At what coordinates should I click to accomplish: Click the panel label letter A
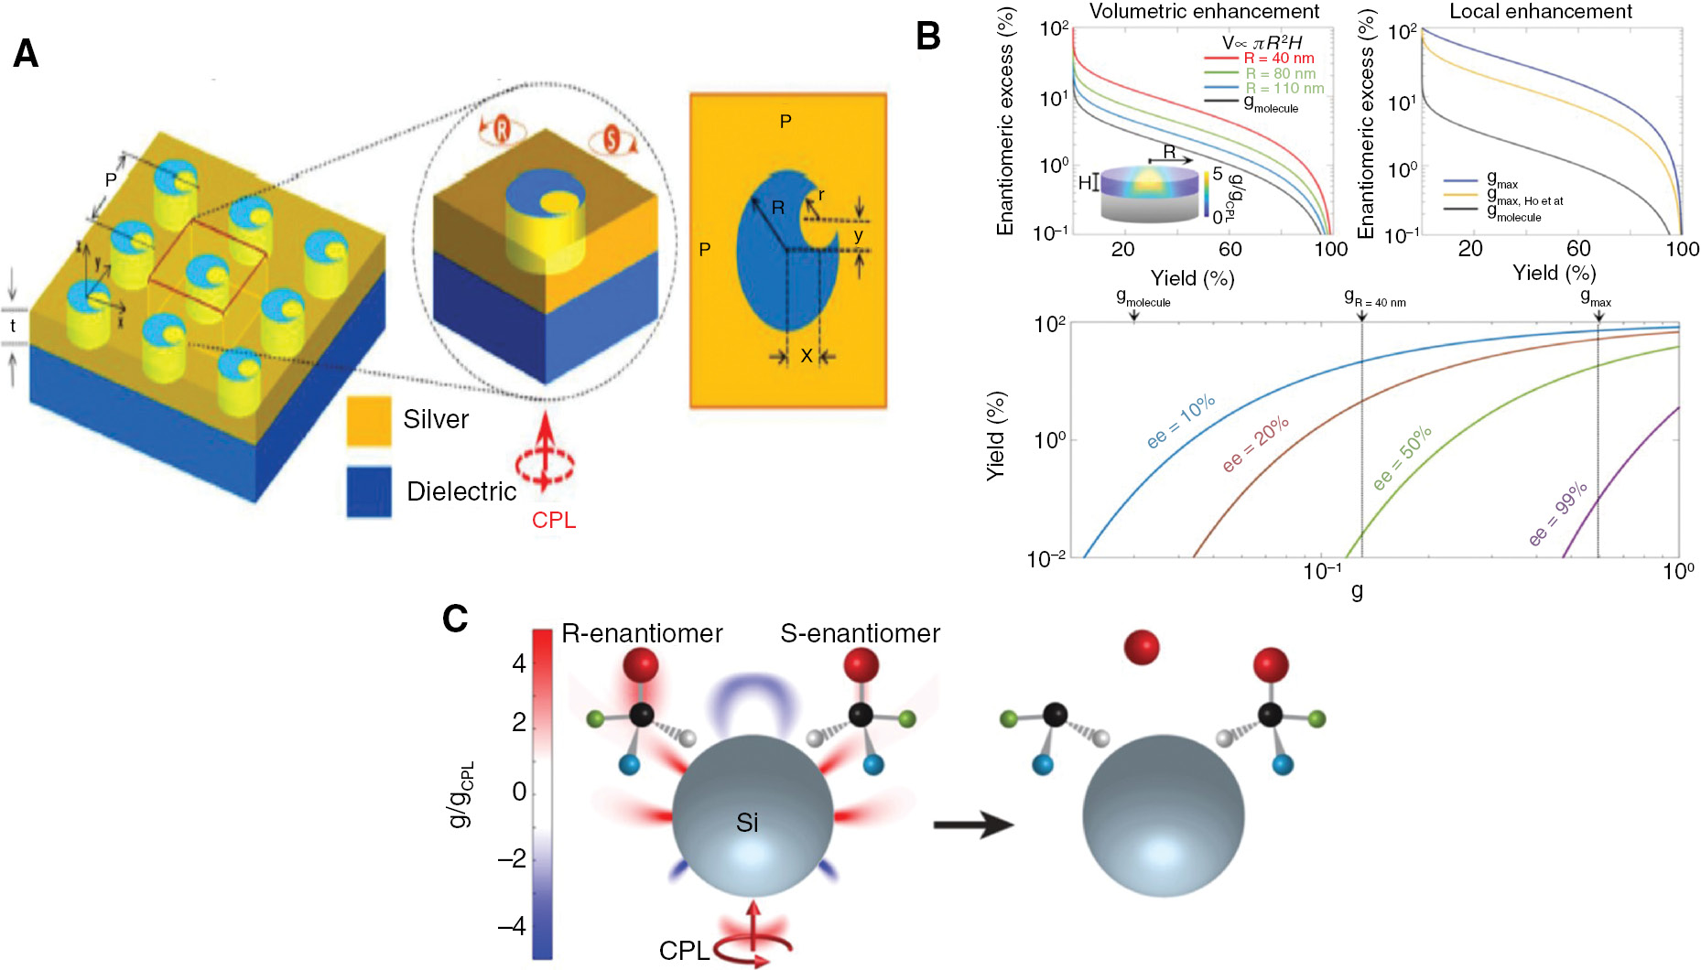click(x=26, y=54)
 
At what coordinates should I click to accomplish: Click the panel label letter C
click(x=455, y=620)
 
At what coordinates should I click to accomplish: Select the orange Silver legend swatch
click(x=369, y=420)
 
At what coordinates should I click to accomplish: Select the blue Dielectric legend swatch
click(x=369, y=491)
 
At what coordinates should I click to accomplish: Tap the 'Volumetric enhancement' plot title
click(x=1204, y=12)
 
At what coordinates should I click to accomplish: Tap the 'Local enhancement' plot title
click(x=1541, y=12)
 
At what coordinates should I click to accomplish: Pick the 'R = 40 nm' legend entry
click(x=1278, y=59)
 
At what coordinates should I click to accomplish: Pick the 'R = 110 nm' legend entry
click(x=1284, y=89)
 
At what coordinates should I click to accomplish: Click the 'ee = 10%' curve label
click(x=1181, y=422)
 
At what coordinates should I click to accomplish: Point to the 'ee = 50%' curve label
click(x=1402, y=458)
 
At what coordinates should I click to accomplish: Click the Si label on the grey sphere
click(x=747, y=824)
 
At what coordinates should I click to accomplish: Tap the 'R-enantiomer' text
click(x=642, y=633)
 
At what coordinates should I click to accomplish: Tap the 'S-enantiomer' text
click(x=860, y=633)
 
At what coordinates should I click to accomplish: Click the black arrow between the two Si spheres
click(x=972, y=824)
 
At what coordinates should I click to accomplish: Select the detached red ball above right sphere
click(x=1141, y=647)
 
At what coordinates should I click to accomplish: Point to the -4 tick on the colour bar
click(x=513, y=926)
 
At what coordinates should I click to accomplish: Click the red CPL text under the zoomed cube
click(x=554, y=520)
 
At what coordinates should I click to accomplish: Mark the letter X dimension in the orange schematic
click(x=807, y=356)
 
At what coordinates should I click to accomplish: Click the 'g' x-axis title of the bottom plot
click(x=1357, y=592)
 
